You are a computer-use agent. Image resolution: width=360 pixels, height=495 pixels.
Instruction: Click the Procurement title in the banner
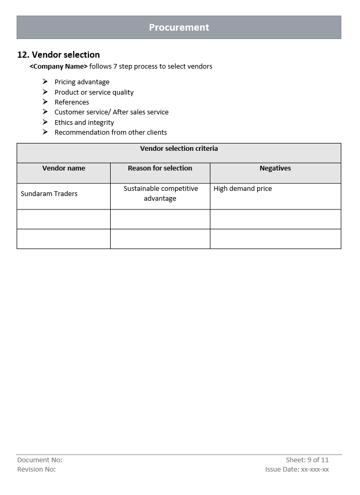[179, 28]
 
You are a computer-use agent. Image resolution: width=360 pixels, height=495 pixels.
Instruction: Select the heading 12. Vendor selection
[59, 55]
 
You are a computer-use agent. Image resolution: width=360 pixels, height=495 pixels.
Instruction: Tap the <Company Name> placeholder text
[59, 67]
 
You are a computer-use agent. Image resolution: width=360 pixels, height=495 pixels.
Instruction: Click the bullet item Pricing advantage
[82, 82]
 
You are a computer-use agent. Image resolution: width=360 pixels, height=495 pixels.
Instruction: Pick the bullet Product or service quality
[94, 93]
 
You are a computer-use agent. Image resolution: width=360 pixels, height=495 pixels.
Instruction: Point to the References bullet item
[72, 102]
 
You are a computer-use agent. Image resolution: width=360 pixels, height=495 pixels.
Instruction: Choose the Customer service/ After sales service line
[111, 112]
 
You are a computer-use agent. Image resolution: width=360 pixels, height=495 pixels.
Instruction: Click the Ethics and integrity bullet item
[84, 123]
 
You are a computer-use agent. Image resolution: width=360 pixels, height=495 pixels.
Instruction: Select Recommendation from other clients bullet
[111, 133]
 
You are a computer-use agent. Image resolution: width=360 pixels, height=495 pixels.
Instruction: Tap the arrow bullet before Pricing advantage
[45, 82]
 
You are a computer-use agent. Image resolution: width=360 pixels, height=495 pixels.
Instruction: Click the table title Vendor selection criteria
[179, 149]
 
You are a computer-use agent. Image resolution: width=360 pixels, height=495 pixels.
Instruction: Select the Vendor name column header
[63, 168]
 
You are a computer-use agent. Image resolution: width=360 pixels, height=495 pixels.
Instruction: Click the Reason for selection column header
[160, 168]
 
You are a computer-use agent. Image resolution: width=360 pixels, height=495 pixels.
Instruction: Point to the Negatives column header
[275, 168]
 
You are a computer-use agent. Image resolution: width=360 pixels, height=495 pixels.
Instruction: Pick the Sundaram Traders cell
[49, 194]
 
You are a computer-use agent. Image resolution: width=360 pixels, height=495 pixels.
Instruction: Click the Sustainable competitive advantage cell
[161, 193]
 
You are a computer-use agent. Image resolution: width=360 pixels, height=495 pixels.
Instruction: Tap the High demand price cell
[243, 189]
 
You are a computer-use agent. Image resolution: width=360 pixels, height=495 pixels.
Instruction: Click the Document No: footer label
[39, 460]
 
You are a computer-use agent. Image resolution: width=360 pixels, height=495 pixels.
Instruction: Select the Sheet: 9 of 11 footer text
[307, 460]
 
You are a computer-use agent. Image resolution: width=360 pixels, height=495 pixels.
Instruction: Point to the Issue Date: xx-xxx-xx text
[297, 470]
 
